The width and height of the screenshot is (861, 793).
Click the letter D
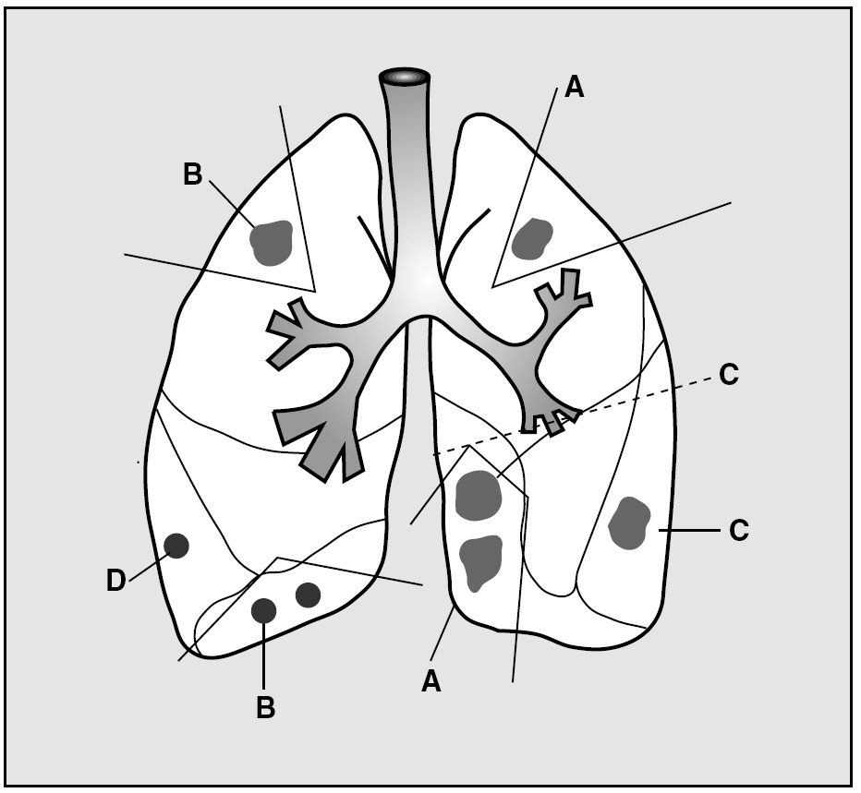click(x=115, y=582)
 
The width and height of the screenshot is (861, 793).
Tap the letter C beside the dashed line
click(x=728, y=376)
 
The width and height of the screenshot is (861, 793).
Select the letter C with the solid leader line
click(x=738, y=531)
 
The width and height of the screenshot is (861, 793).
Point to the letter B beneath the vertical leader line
click(x=264, y=708)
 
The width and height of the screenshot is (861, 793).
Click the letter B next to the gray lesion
click(x=192, y=174)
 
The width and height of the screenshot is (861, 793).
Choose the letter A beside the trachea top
click(x=574, y=87)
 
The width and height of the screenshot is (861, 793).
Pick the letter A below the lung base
click(x=430, y=681)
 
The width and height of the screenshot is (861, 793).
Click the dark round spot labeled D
click(x=176, y=546)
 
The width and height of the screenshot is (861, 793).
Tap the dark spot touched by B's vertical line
click(x=264, y=610)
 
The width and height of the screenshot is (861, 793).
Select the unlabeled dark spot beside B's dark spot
click(x=308, y=595)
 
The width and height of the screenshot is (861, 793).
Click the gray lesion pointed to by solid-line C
click(x=630, y=523)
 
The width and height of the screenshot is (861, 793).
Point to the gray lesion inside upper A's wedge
click(x=532, y=238)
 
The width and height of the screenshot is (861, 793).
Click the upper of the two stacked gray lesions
click(x=479, y=495)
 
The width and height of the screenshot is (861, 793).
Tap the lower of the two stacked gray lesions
click(x=480, y=561)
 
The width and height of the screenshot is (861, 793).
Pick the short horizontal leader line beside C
click(x=688, y=531)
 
